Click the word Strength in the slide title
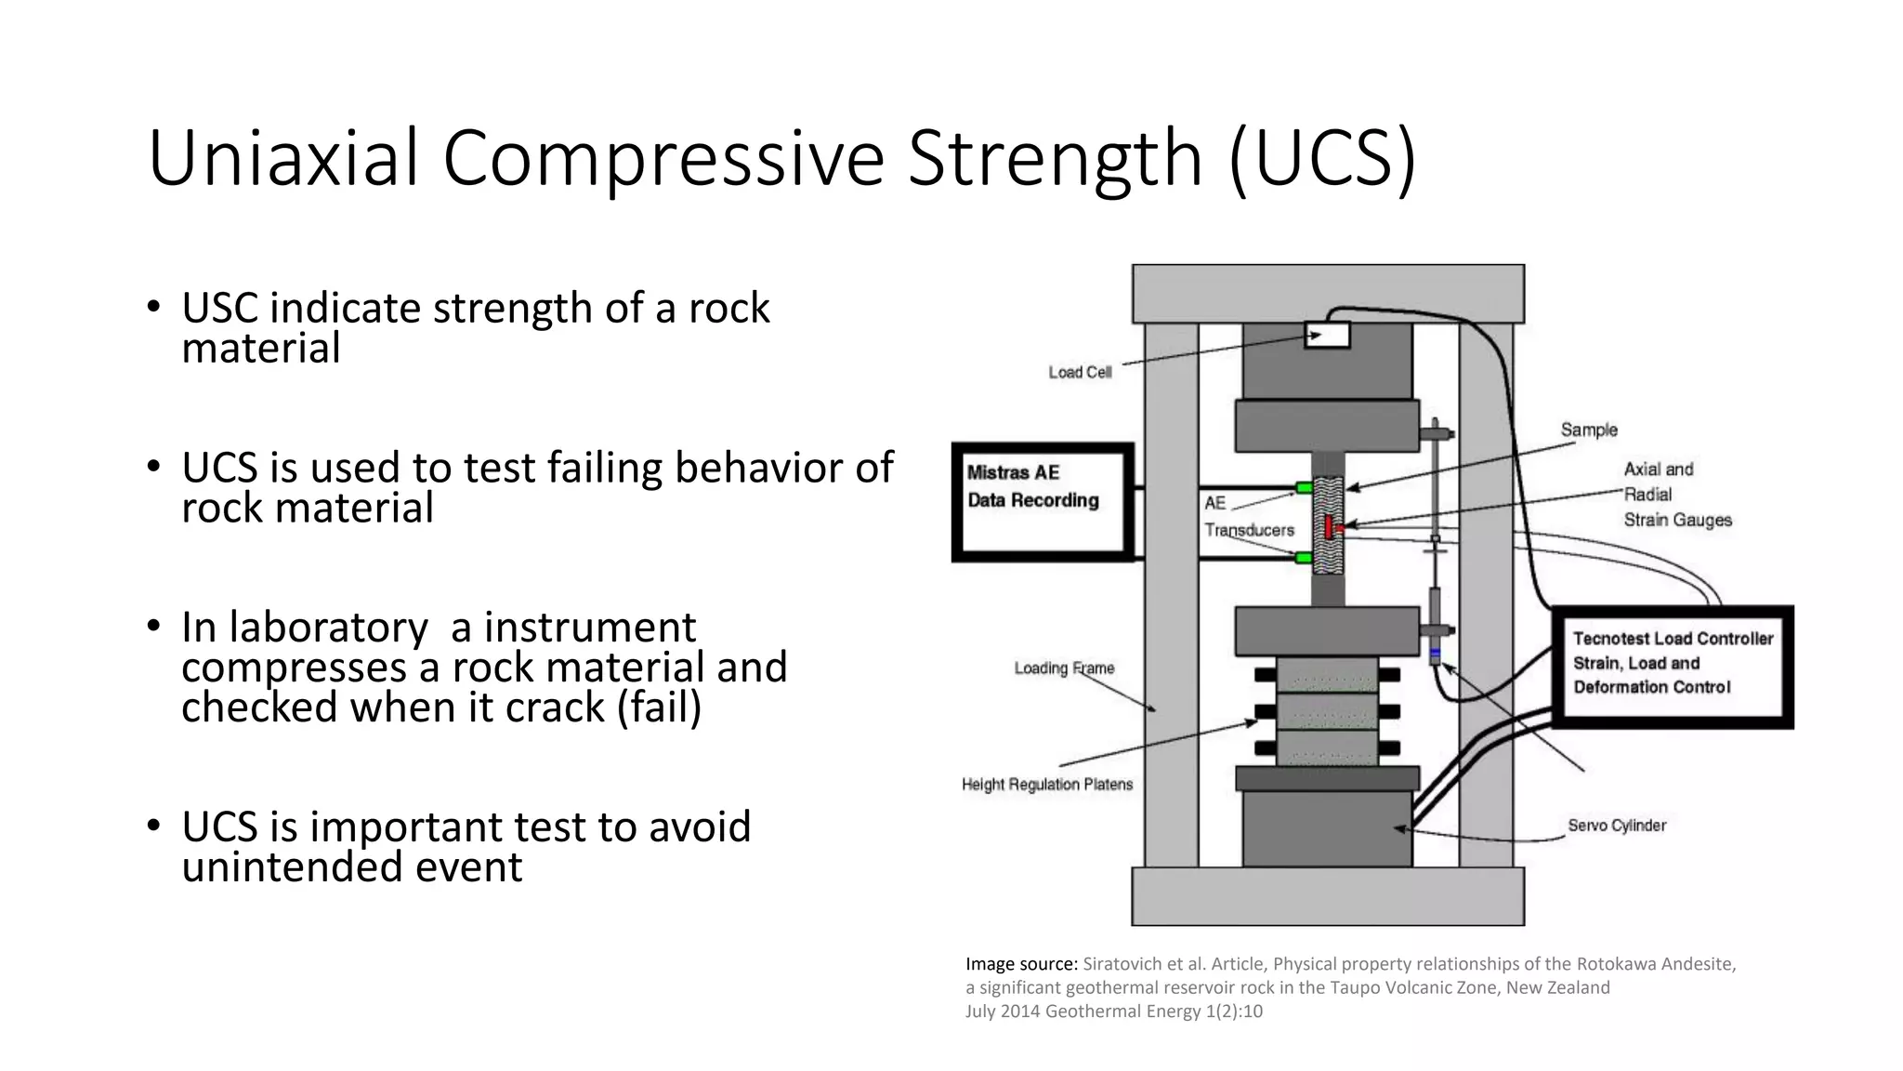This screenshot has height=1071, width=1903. pos(1054,158)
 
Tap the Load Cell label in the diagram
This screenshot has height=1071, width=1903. pos(1080,373)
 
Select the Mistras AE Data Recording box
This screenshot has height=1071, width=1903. pos(1043,502)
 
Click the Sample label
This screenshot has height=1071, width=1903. pos(1589,430)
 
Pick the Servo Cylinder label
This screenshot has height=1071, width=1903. pos(1617,826)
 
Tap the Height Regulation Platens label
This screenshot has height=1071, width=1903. pos(1047,785)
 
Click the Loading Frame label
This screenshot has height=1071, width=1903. pos(1064,668)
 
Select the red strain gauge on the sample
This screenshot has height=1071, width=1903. pos(1331,527)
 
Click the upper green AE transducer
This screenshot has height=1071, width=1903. pos(1304,488)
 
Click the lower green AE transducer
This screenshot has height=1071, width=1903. pos(1304,558)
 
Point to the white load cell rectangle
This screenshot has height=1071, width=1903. pos(1327,334)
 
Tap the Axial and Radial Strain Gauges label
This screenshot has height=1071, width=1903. pos(1677,495)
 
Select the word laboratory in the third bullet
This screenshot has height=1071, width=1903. pos(329,628)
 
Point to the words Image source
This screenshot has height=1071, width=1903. pos(1021,964)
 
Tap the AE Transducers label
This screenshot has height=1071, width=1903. pos(1248,517)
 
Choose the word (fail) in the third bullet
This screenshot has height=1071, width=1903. pos(659,707)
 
